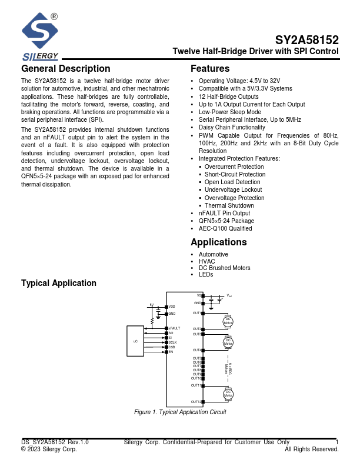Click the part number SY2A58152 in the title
tap(307, 41)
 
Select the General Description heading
tap(65, 69)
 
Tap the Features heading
tap(210, 69)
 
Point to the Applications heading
tap(219, 242)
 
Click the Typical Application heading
tap(59, 283)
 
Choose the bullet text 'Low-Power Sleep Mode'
tap(229, 112)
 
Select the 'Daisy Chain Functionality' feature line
tap(232, 127)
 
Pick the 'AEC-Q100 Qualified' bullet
tap(225, 228)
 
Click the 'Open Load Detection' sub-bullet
tap(232, 182)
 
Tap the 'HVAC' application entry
tap(206, 261)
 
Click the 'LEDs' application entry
tap(206, 275)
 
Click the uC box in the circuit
tap(135, 341)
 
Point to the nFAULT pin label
tap(174, 328)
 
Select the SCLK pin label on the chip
tap(172, 342)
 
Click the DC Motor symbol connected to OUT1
tap(228, 321)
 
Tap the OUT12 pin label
tap(196, 402)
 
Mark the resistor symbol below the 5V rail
tap(153, 321)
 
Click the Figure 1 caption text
tap(180, 412)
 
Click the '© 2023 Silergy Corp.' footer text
tap(49, 449)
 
